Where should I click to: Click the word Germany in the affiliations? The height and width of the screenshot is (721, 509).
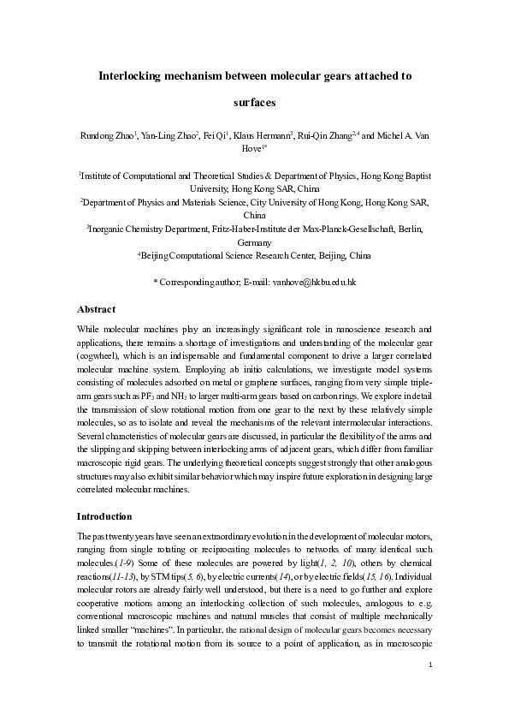[254, 242]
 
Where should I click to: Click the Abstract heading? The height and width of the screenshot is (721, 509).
[96, 308]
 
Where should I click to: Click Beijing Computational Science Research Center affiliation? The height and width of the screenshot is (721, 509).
[254, 255]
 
